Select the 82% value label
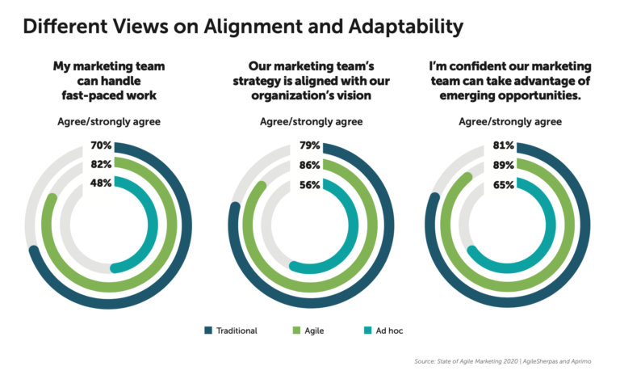(x=101, y=165)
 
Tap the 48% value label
(x=101, y=183)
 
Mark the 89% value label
(x=502, y=165)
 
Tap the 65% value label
(x=502, y=183)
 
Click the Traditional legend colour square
(x=208, y=331)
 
